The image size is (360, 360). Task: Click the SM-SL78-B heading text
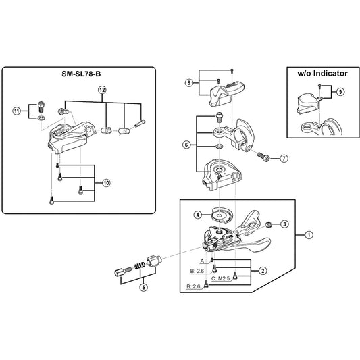click(81, 74)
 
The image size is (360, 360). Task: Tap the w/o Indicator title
click(322, 74)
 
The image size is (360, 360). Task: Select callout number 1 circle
click(309, 235)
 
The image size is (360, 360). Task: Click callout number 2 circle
click(263, 271)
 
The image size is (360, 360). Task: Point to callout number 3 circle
click(284, 224)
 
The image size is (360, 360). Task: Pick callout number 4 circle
click(198, 215)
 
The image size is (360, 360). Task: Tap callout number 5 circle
click(143, 287)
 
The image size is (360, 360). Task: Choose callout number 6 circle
click(186, 145)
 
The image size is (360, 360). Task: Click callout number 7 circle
click(284, 159)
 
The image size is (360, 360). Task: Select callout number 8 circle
click(189, 82)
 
